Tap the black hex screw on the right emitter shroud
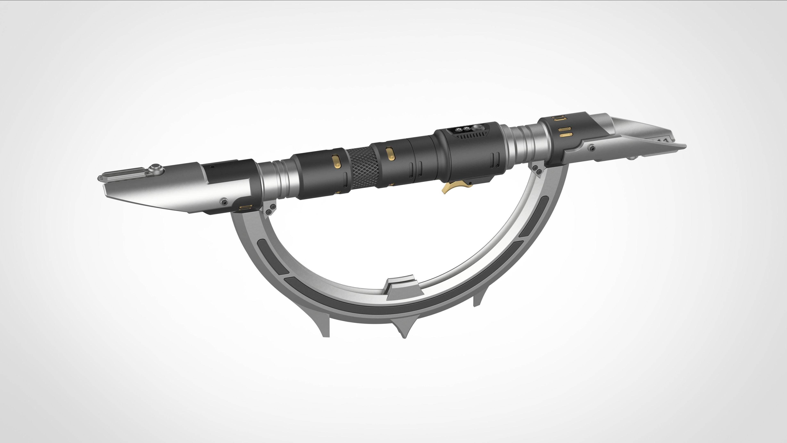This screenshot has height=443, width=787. [592, 148]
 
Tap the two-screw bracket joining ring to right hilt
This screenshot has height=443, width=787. [537, 170]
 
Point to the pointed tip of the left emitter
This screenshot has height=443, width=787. [99, 178]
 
